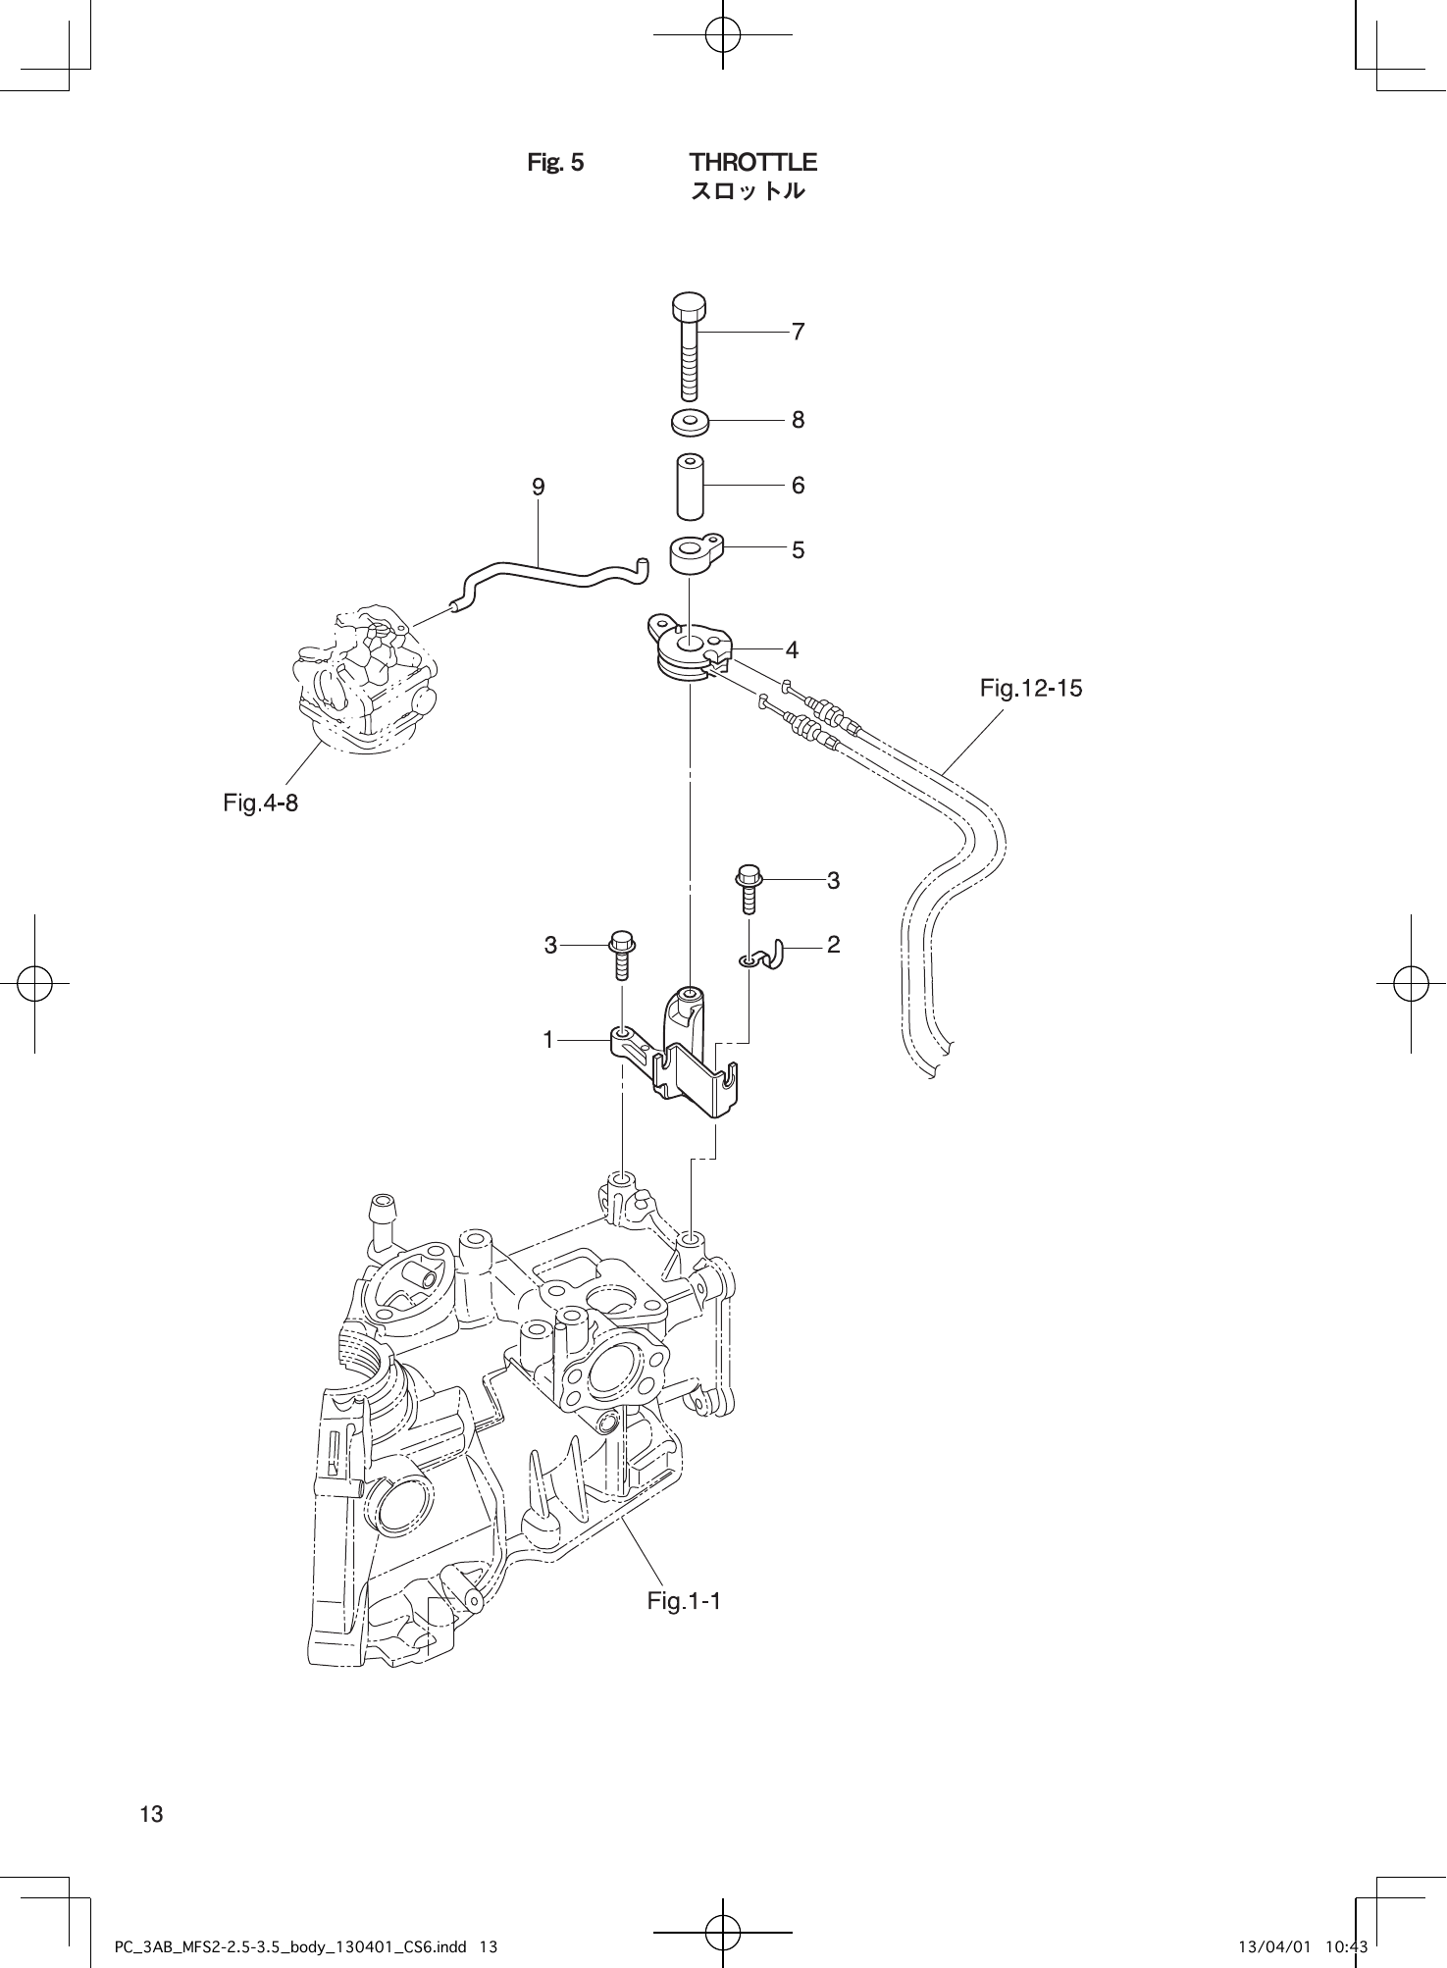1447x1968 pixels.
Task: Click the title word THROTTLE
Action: click(752, 162)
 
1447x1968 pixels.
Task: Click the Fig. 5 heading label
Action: click(555, 162)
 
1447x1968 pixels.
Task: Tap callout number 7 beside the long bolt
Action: click(799, 333)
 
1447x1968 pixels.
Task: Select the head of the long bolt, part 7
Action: click(690, 307)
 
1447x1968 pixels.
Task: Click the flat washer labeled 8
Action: click(691, 422)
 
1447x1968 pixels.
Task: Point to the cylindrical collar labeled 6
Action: click(691, 486)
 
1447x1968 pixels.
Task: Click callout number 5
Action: click(799, 550)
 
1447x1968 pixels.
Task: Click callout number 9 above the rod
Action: click(539, 487)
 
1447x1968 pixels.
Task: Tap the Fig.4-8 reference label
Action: click(260, 803)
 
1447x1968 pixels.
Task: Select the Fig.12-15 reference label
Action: click(1031, 689)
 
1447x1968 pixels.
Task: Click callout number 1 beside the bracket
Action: click(549, 1038)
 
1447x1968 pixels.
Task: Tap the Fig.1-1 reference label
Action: click(684, 1602)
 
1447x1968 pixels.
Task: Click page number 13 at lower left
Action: click(152, 1814)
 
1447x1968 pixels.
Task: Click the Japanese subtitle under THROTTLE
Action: click(749, 191)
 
